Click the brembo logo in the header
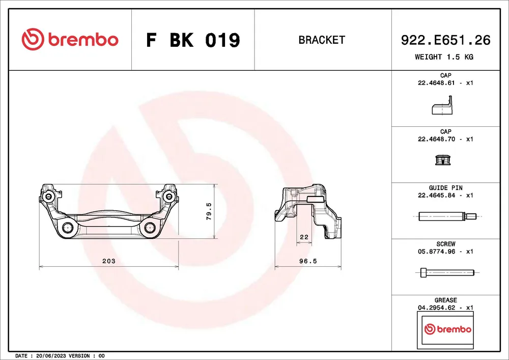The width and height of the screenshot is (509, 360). click(x=70, y=39)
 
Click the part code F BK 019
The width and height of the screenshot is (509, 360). click(x=193, y=40)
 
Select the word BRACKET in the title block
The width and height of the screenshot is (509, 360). click(x=322, y=40)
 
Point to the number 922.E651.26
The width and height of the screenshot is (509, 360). click(x=446, y=40)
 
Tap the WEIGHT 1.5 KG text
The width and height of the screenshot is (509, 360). click(x=444, y=57)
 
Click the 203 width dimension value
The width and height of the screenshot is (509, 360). click(x=109, y=261)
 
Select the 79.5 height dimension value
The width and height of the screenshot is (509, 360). click(x=209, y=211)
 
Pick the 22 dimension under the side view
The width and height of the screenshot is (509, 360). click(x=304, y=237)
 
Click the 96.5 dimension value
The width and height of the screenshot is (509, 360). click(x=308, y=261)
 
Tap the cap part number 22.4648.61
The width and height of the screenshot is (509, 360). click(x=436, y=83)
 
